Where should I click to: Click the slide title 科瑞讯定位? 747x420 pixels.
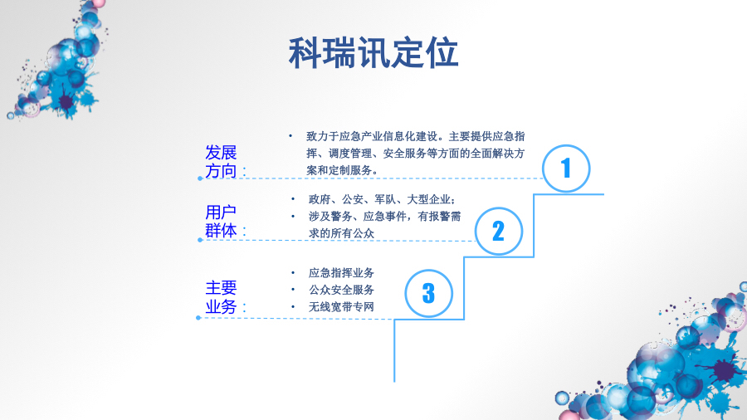(x=373, y=53)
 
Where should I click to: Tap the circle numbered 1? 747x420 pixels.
(x=566, y=169)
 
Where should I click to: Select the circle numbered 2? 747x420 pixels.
(x=498, y=231)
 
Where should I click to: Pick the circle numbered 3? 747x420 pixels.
(x=428, y=293)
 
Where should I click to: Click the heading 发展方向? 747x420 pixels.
(x=222, y=162)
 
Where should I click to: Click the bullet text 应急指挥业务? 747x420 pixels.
(x=341, y=273)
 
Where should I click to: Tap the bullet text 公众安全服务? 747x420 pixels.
(x=341, y=290)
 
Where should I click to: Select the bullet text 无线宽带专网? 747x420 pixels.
(x=341, y=307)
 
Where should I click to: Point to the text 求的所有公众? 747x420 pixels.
(x=341, y=233)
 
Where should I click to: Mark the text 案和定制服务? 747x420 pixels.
(x=342, y=169)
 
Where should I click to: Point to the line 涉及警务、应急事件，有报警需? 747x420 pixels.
(x=384, y=216)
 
